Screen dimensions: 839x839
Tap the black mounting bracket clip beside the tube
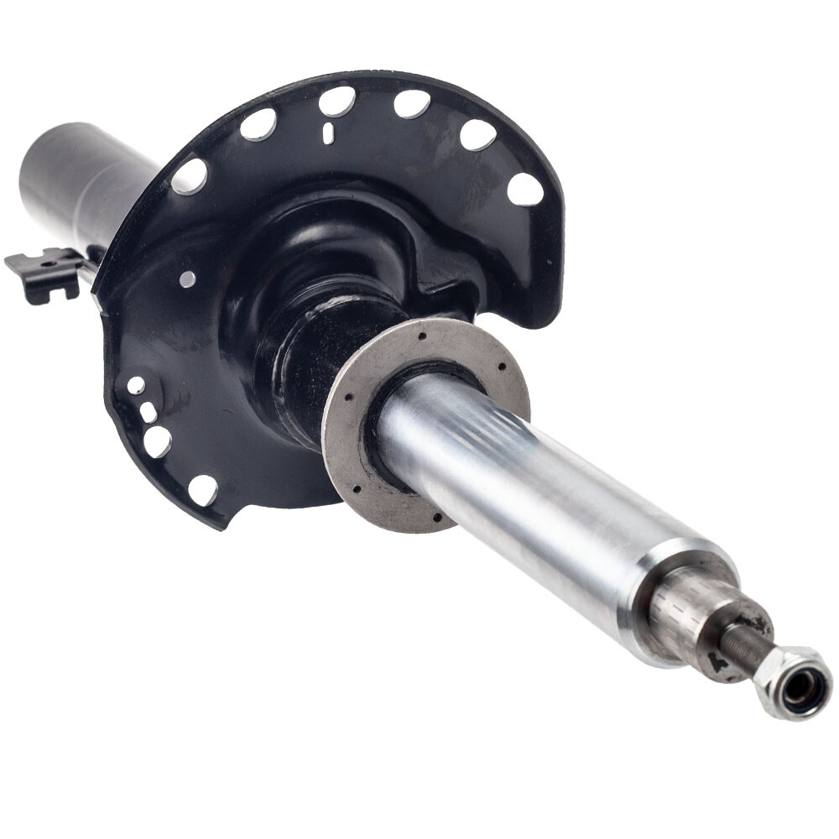tap(46, 273)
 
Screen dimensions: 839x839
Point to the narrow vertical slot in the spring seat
tap(328, 132)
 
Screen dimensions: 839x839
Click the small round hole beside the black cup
tap(186, 278)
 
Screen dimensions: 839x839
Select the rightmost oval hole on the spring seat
tap(525, 190)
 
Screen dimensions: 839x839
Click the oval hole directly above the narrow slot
tap(336, 102)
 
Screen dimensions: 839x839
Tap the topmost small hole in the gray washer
tap(419, 336)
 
